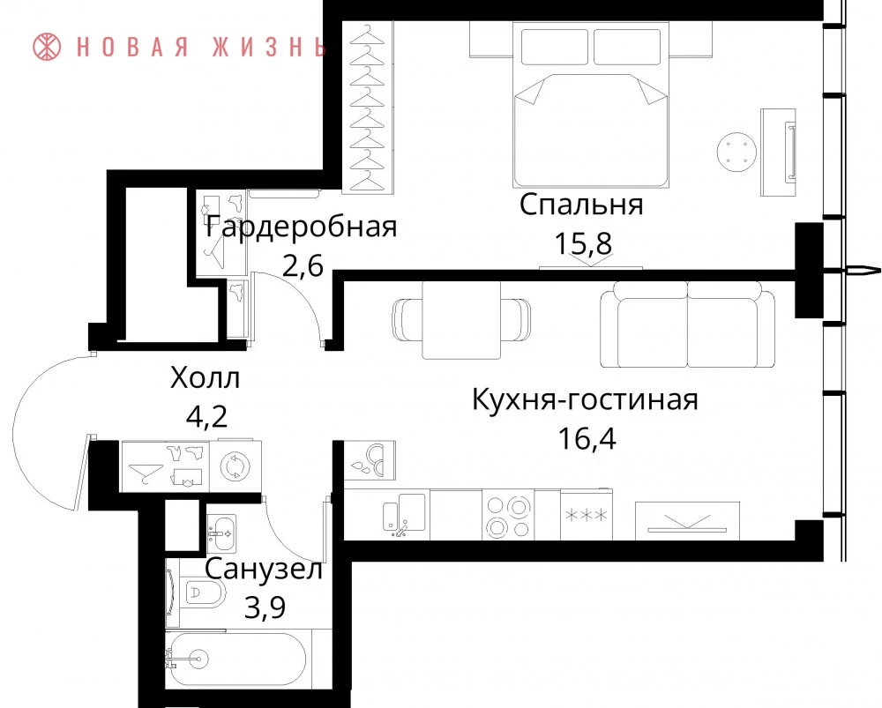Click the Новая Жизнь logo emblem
pyautogui.click(x=47, y=46)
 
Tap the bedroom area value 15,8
pyautogui.click(x=583, y=243)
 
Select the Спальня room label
pyautogui.click(x=581, y=205)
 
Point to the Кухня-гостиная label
pyautogui.click(x=585, y=399)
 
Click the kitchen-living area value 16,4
pyautogui.click(x=587, y=438)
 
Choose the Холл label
pyautogui.click(x=206, y=377)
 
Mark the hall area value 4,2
pyautogui.click(x=206, y=417)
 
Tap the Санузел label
pyautogui.click(x=264, y=569)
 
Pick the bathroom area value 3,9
pyautogui.click(x=265, y=607)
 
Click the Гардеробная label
pyautogui.click(x=302, y=227)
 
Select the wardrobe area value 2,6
pyautogui.click(x=303, y=265)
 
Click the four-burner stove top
pyautogui.click(x=508, y=515)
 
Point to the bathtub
pyautogui.click(x=236, y=659)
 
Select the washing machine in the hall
pyautogui.click(x=235, y=466)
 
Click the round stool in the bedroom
pyautogui.click(x=736, y=152)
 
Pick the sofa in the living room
pyautogui.click(x=687, y=324)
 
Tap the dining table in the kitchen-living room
pyautogui.click(x=461, y=319)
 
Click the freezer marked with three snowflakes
pyautogui.click(x=587, y=514)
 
